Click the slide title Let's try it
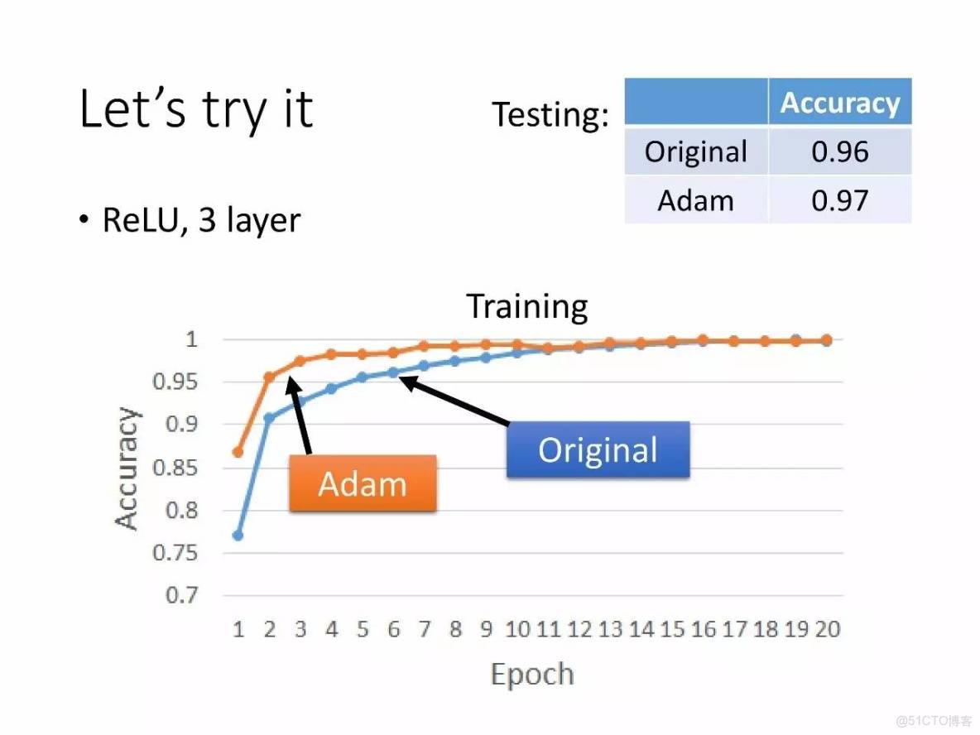click(195, 110)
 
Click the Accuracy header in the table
click(840, 103)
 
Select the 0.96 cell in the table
click(840, 151)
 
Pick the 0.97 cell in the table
click(840, 200)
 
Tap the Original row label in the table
click(695, 152)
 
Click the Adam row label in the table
click(695, 200)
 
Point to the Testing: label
click(550, 114)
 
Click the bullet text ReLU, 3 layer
click(201, 220)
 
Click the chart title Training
click(527, 306)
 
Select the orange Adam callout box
click(363, 483)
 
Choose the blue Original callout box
click(598, 450)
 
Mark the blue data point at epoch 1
click(238, 536)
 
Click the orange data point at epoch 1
click(238, 452)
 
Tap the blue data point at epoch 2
click(269, 417)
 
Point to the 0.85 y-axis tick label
click(175, 468)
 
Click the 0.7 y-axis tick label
click(182, 595)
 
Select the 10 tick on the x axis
click(517, 629)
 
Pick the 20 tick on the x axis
click(828, 629)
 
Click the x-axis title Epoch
click(532, 675)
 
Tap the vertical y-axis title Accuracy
click(127, 468)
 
